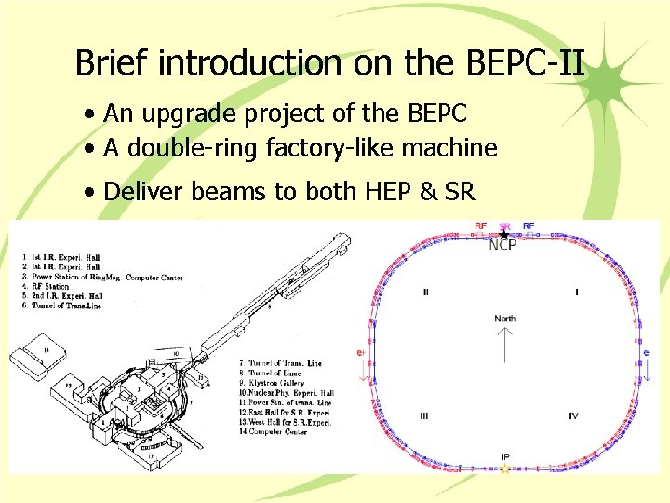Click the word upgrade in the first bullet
pyautogui.click(x=183, y=114)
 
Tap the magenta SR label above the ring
pyautogui.click(x=504, y=225)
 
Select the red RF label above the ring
pyautogui.click(x=480, y=225)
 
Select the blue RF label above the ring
pyautogui.click(x=529, y=225)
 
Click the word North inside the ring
pyautogui.click(x=504, y=319)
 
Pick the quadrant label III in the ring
pyautogui.click(x=424, y=416)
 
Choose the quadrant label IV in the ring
pyautogui.click(x=573, y=416)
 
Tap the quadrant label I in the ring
pyautogui.click(x=576, y=292)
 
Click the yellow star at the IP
pyautogui.click(x=505, y=469)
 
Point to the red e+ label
pyautogui.click(x=360, y=353)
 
